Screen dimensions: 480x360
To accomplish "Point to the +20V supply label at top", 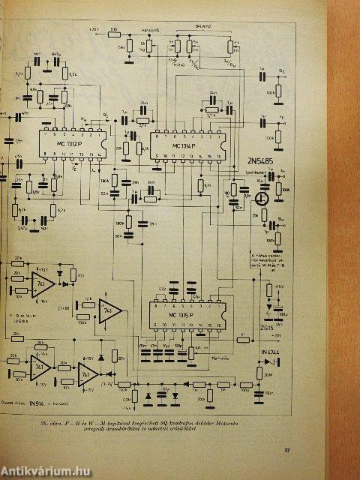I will pyautogui.click(x=94, y=31).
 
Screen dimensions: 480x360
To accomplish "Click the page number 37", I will pyautogui.click(x=286, y=450).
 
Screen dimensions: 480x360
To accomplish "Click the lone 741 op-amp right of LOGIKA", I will pyautogui.click(x=108, y=309).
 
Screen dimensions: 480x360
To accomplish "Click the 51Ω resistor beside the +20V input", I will pyautogui.click(x=113, y=32).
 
